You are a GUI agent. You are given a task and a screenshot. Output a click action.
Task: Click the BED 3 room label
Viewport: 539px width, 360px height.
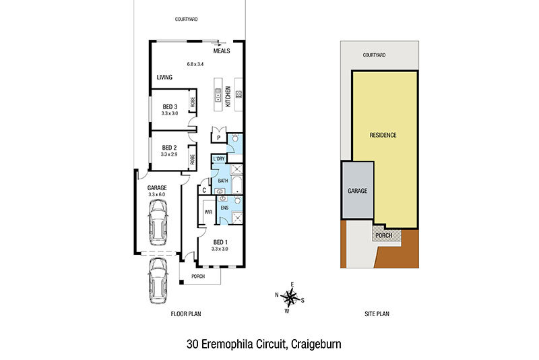pyautogui.click(x=170, y=107)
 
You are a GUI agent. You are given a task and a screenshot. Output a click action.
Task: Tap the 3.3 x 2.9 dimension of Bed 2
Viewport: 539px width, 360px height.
pyautogui.click(x=169, y=154)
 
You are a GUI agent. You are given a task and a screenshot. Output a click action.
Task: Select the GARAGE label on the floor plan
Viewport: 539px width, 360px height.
pyautogui.click(x=157, y=187)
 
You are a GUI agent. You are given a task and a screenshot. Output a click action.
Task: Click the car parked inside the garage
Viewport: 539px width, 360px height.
pyautogui.click(x=158, y=222)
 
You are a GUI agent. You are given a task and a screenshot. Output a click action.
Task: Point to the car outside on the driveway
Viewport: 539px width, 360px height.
pyautogui.click(x=158, y=281)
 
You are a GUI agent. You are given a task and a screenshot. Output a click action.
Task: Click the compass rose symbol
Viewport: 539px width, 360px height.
pyautogui.click(x=290, y=297)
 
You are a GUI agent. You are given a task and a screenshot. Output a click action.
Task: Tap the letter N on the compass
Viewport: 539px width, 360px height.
pyautogui.click(x=277, y=295)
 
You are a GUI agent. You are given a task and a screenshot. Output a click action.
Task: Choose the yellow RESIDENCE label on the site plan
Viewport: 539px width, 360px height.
pyautogui.click(x=383, y=135)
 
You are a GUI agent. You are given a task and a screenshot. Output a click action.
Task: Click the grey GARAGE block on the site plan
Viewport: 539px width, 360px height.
pyautogui.click(x=358, y=190)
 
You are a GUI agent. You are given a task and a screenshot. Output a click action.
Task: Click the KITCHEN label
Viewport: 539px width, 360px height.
pyautogui.click(x=228, y=96)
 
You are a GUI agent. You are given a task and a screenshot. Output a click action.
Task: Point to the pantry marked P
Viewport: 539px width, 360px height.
pyautogui.click(x=218, y=138)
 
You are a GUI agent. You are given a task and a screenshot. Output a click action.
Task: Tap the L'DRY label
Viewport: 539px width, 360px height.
pyautogui.click(x=218, y=159)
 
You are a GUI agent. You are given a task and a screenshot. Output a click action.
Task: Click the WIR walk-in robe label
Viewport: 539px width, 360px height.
pyautogui.click(x=208, y=212)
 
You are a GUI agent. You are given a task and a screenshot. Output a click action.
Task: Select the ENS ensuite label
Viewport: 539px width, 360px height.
pyautogui.click(x=224, y=208)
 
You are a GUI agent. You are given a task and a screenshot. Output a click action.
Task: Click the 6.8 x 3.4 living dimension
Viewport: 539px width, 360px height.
pyautogui.click(x=195, y=64)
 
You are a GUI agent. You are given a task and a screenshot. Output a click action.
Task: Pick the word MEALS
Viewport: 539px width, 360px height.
pyautogui.click(x=222, y=51)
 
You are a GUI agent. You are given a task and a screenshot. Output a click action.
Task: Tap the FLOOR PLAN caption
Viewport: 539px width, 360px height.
pyautogui.click(x=186, y=313)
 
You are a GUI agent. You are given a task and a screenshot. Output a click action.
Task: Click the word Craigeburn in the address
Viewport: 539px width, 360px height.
pyautogui.click(x=316, y=344)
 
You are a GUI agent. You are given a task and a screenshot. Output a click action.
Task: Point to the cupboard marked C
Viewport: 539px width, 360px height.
pyautogui.click(x=204, y=190)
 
